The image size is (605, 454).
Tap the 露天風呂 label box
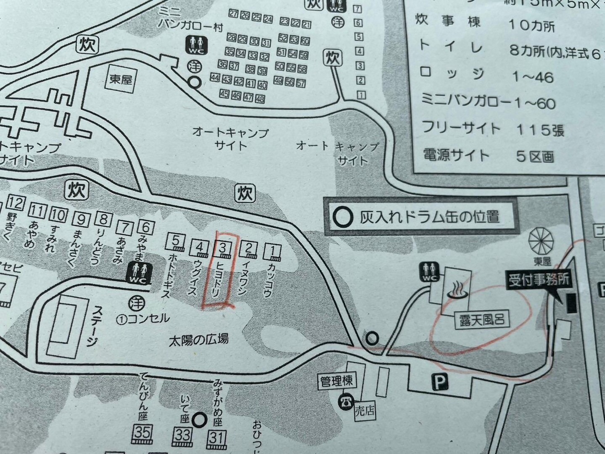481,321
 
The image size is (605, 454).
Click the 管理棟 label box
336,382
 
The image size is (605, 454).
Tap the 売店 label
364,410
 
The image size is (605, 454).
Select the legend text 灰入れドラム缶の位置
429,217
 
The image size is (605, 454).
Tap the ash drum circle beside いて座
199,419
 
